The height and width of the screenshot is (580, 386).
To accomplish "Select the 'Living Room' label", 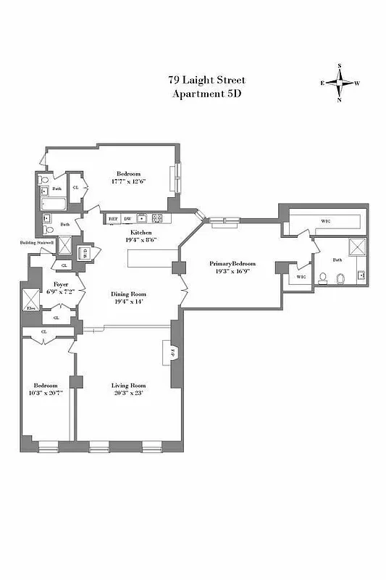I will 129,385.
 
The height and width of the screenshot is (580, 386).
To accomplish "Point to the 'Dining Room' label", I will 129,294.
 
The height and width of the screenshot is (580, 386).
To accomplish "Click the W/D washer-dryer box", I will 85,253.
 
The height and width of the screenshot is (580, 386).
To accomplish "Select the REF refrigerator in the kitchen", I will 113,218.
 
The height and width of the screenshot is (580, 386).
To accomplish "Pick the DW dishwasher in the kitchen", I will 127,218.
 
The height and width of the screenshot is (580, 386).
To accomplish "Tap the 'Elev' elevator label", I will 31,309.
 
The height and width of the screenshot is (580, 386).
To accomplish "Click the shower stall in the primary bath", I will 357,246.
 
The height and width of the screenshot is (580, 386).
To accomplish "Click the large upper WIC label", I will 325,221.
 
